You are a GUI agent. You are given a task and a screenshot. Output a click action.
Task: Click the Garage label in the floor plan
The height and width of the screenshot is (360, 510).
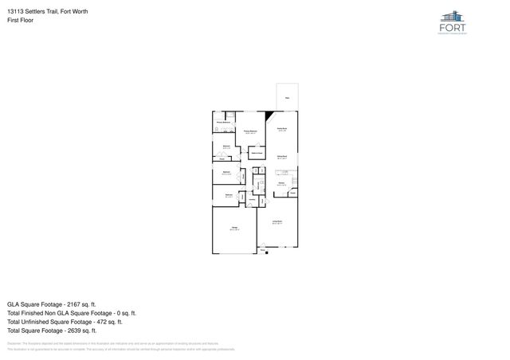click(234, 229)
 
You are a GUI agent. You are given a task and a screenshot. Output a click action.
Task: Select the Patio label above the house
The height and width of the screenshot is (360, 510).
click(287, 99)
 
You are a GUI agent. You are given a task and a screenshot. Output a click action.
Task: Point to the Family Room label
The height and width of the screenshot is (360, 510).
click(281, 129)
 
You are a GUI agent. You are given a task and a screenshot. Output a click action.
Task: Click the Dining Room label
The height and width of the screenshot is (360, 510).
click(281, 156)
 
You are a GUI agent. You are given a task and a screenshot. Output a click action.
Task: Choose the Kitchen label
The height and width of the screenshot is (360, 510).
click(281, 183)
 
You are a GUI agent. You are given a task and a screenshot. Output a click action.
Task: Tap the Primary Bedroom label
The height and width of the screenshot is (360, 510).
click(249, 131)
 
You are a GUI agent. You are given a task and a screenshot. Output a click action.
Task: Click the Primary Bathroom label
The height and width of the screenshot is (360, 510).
click(222, 122)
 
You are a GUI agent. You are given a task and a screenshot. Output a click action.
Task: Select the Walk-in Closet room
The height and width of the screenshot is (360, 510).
click(257, 151)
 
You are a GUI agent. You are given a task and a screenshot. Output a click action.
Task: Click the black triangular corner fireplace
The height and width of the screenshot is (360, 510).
click(270, 116)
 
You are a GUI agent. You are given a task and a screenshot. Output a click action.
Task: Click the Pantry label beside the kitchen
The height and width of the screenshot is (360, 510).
click(292, 194)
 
